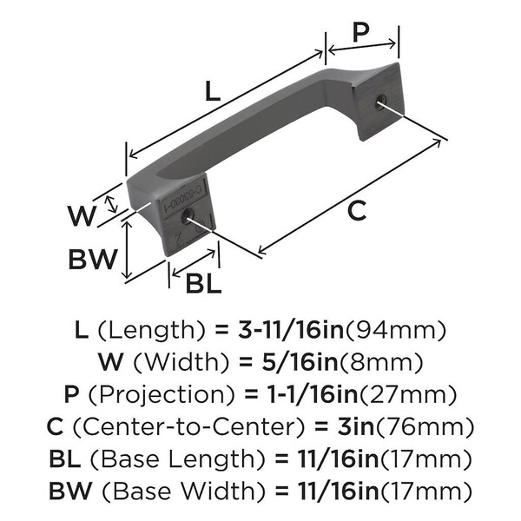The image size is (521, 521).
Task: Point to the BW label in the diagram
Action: pos(89,258)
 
